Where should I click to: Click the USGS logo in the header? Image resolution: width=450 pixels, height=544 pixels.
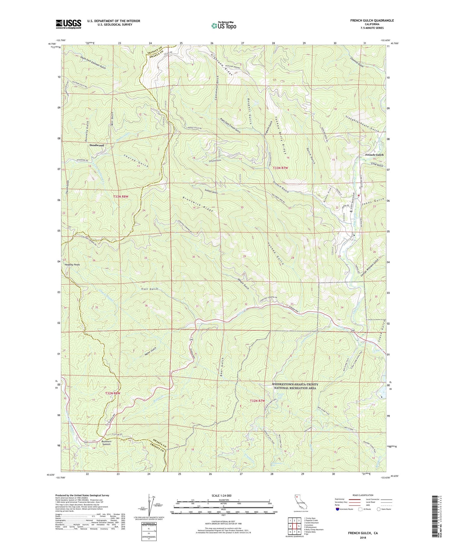pyautogui.click(x=68, y=24)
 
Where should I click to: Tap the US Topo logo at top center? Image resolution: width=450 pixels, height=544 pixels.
pyautogui.click(x=223, y=26)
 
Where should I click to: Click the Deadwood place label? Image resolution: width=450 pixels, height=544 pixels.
pyautogui.click(x=97, y=145)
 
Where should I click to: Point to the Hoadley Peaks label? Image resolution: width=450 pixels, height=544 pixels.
pyautogui.click(x=72, y=265)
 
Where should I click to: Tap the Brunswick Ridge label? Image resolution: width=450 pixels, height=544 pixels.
pyautogui.click(x=198, y=204)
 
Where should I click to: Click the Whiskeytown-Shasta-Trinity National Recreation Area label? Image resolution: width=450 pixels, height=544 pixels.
pyautogui.click(x=295, y=386)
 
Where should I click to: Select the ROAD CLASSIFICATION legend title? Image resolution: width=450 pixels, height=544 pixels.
pyautogui.click(x=363, y=495)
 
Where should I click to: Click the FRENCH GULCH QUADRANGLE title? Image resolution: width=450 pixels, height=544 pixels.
pyautogui.click(x=372, y=20)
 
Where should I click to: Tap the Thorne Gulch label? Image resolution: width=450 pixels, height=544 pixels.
pyautogui.click(x=136, y=161)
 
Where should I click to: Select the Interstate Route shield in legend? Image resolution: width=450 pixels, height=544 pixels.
pyautogui.click(x=338, y=509)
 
